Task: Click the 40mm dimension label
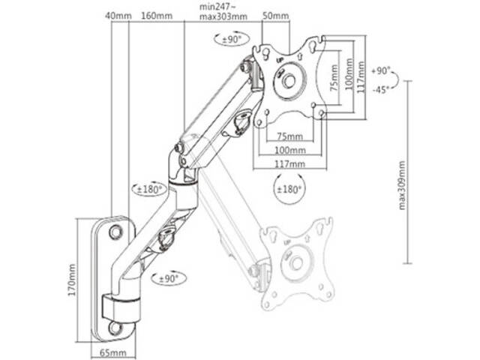point(118,16)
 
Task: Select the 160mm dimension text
point(157,16)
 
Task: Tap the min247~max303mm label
point(223,12)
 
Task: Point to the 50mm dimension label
point(276,16)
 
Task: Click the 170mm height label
point(72,280)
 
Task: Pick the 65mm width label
point(113,353)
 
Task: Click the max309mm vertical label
point(402,185)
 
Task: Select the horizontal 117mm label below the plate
point(289,163)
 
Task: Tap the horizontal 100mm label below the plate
point(290,150)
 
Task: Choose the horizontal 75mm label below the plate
point(290,136)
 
